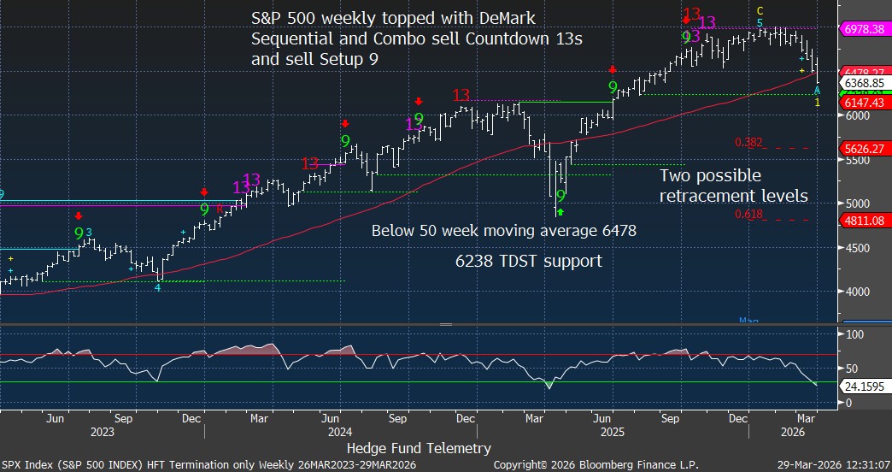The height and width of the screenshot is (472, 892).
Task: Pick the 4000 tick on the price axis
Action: (x=855, y=292)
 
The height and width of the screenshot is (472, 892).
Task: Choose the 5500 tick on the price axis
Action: (x=855, y=159)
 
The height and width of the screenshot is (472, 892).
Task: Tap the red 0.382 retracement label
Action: (x=748, y=142)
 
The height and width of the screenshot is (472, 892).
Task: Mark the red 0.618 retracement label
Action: (x=748, y=214)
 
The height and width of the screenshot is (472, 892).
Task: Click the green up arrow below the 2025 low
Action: (x=560, y=210)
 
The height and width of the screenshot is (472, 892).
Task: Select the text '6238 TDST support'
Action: (x=528, y=262)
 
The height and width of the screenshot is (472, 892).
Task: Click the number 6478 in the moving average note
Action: (x=617, y=230)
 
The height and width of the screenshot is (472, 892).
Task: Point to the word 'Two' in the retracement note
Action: (x=675, y=176)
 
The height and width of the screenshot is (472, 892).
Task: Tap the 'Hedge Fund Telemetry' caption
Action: (x=419, y=448)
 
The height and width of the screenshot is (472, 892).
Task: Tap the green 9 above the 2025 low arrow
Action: (x=560, y=196)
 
